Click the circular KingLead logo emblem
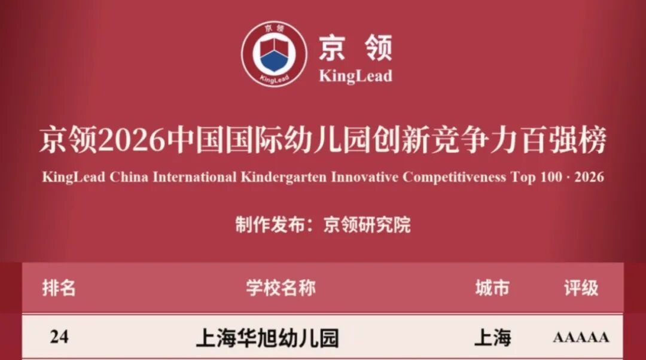coord(274,54)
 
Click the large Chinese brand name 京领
coord(355,48)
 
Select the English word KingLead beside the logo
coord(355,76)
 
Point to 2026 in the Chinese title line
coord(132,140)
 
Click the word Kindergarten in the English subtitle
coord(284,177)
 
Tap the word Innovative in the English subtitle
coord(365,177)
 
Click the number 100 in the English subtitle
coord(551,177)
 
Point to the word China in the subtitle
coord(129,177)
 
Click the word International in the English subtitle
coord(194,177)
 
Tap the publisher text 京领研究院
coord(367,225)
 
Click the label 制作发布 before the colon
coord(270,225)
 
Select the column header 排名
coord(59,288)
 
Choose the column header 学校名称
coord(281,288)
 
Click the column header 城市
coord(492,288)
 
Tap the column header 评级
coord(581,288)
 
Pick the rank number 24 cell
coord(59,337)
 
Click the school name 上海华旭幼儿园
coord(267,338)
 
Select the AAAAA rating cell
coord(581,337)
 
